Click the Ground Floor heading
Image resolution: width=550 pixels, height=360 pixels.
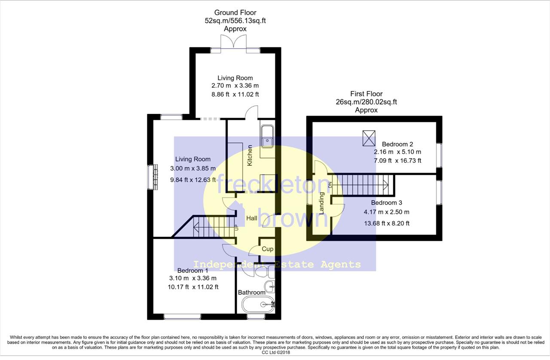click(235, 12)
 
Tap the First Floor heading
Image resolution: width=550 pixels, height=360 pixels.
click(367, 94)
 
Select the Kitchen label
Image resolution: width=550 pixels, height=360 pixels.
click(250, 156)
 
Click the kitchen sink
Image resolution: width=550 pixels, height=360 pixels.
click(267, 137)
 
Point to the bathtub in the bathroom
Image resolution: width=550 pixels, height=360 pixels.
click(258, 304)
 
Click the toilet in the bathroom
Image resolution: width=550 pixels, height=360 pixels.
click(265, 272)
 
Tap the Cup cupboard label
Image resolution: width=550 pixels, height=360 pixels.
click(267, 249)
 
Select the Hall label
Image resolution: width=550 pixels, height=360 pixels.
click(252, 218)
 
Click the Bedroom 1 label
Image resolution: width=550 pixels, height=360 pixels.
click(193, 270)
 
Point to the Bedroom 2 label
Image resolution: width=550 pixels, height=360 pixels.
click(397, 144)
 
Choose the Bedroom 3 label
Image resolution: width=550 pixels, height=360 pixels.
click(386, 203)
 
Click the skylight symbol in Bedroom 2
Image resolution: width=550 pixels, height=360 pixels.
click(369, 138)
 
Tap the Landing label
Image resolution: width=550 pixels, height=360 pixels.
click(321, 203)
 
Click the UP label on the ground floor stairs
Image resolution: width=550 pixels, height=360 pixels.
click(236, 227)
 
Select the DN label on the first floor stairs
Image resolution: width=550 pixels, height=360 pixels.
click(330, 185)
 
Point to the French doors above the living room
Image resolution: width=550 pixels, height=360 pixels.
click(233, 44)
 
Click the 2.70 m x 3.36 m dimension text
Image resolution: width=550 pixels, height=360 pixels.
click(235, 85)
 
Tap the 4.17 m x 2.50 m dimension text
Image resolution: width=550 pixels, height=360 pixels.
click(386, 212)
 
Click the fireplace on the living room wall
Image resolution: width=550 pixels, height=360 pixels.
click(153, 177)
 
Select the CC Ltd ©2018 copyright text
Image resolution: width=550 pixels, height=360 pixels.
click(276, 352)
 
